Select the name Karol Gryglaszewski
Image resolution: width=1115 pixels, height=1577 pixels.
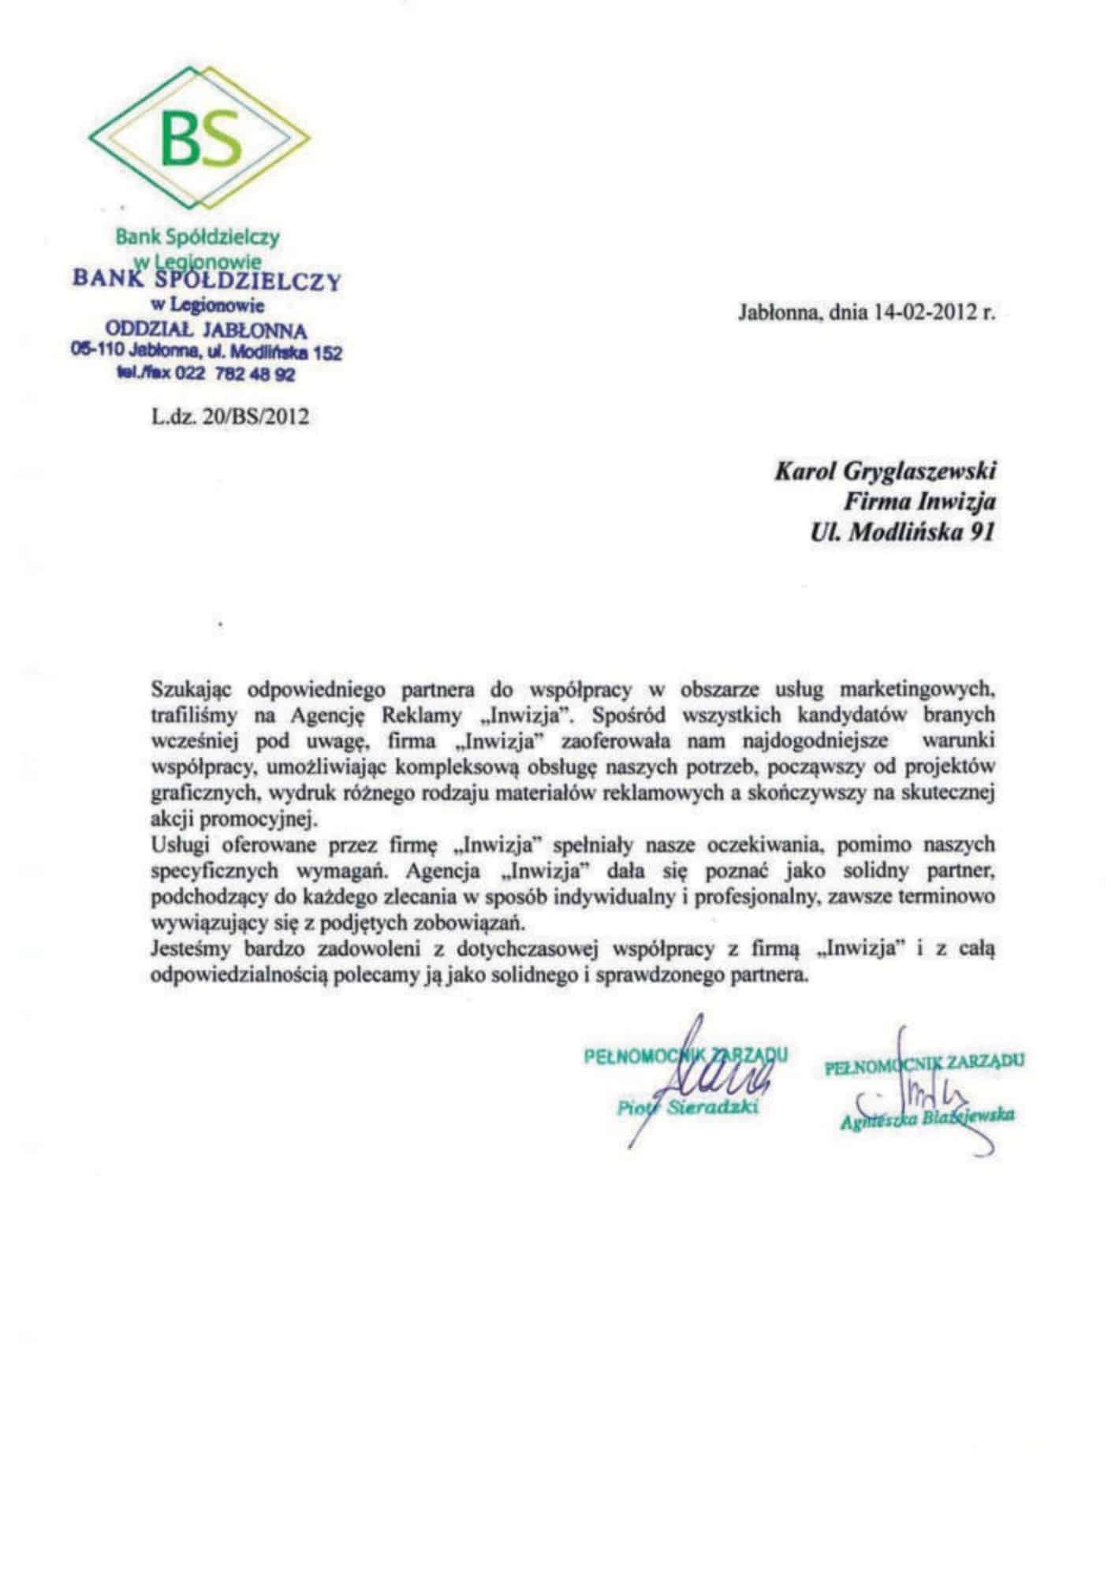point(885,472)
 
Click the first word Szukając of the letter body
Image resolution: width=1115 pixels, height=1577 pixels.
point(192,690)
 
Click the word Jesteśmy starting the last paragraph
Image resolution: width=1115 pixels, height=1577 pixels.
point(187,949)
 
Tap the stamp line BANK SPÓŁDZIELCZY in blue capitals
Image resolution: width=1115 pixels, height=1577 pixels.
point(206,280)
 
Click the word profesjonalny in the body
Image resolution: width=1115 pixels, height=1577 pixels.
point(791,897)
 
